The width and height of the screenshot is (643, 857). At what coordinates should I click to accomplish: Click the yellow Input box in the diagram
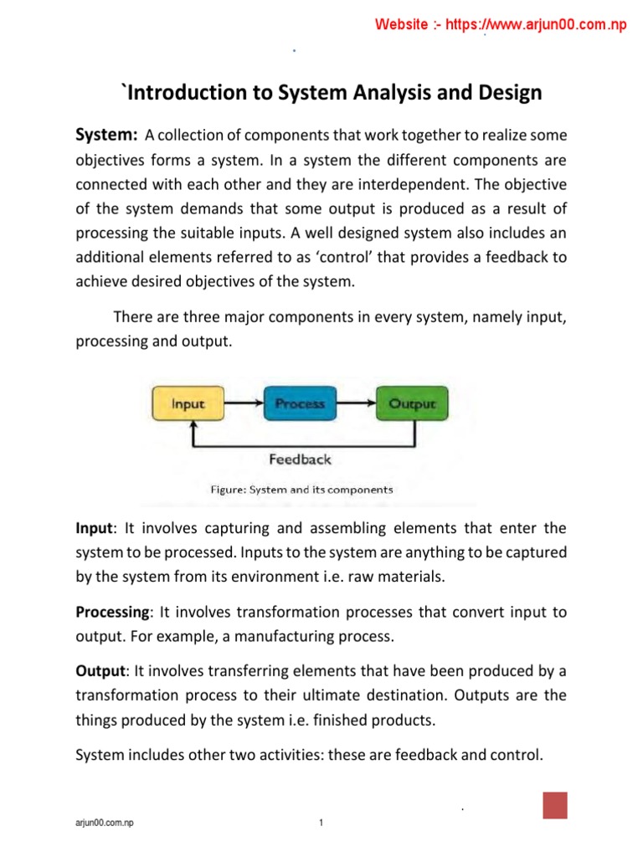(x=188, y=403)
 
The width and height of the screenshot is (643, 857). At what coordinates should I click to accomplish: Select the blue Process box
(x=299, y=403)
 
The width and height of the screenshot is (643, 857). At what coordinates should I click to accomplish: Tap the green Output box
(x=412, y=403)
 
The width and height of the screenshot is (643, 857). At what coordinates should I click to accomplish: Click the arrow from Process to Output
(x=355, y=403)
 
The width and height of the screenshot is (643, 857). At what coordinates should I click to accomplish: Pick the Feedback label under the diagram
(x=300, y=459)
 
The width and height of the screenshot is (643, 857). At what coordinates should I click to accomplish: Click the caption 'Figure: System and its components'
(x=301, y=490)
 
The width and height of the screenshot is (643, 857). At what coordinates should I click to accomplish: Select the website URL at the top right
(x=501, y=25)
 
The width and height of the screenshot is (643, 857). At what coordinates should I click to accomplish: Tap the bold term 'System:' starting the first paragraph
(x=106, y=136)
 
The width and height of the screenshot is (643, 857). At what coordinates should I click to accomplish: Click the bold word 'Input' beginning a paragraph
(x=94, y=528)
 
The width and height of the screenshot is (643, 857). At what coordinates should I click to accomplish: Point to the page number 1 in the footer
(x=321, y=824)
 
